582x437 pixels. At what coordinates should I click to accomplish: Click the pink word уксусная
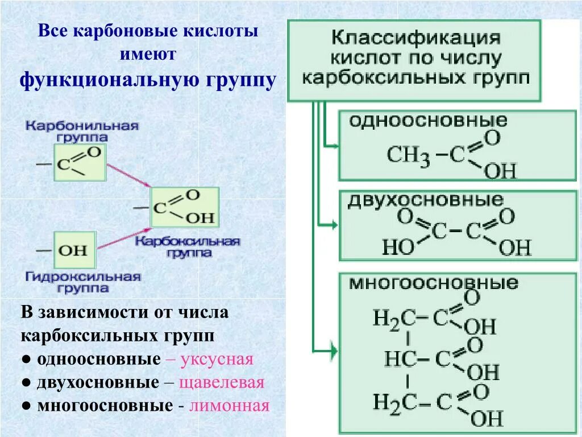pos(218,360)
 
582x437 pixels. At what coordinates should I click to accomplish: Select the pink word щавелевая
pos(222,382)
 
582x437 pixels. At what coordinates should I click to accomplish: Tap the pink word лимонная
pos(229,406)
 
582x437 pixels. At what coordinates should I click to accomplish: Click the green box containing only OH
pos(74,250)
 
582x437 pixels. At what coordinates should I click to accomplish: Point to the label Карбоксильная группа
pos(188,247)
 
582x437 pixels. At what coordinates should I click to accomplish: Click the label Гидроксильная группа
pos(82,282)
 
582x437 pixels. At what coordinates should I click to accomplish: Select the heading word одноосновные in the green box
pos(427,120)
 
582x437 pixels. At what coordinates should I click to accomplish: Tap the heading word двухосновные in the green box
pos(426,200)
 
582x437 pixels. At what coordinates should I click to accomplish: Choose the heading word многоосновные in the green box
pos(433,283)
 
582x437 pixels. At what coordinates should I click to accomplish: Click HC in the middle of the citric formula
pos(401,358)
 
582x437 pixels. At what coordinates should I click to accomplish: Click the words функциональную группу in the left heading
pos(148,80)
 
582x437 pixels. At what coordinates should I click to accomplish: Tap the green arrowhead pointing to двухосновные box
pos(333,226)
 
